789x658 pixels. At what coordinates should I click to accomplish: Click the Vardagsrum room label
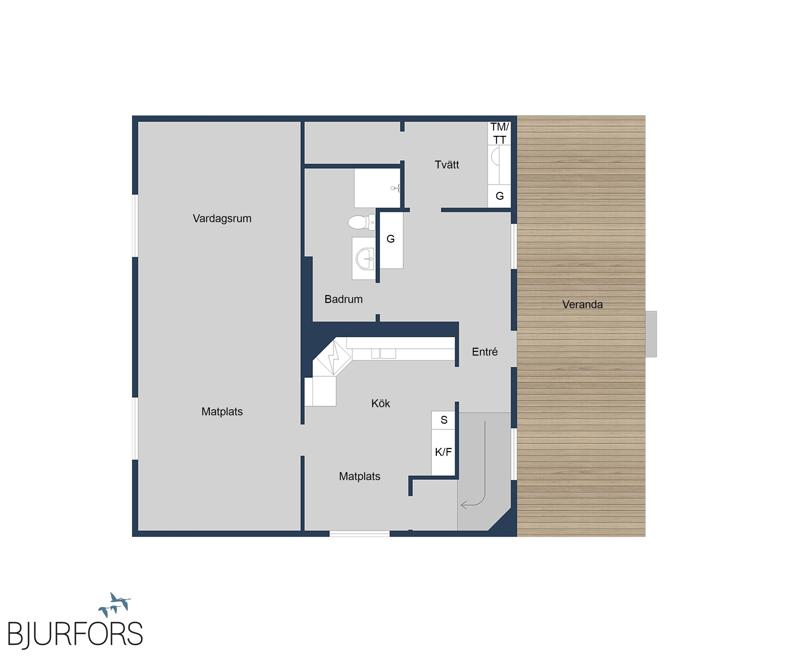tap(222, 219)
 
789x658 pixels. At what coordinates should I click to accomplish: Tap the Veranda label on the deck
tap(582, 305)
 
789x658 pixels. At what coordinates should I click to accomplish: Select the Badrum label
tap(343, 299)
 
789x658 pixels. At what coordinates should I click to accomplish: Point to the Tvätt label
tap(447, 165)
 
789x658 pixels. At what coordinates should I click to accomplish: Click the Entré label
tap(485, 352)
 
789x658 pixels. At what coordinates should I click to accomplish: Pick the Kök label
tap(381, 403)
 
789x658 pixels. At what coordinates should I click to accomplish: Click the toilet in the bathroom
tap(361, 222)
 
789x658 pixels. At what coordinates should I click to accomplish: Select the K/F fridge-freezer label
tap(443, 452)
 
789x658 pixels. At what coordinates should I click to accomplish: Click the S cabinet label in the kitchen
tap(444, 420)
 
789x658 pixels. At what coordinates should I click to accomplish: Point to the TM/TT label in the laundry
tap(499, 134)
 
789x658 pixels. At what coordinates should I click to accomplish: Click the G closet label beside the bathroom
tap(390, 239)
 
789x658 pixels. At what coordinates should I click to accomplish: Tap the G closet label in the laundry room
tap(499, 196)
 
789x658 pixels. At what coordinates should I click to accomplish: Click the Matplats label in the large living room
tap(222, 412)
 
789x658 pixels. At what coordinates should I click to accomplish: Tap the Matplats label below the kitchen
tap(359, 476)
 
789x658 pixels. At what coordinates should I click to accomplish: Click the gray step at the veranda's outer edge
tap(651, 334)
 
